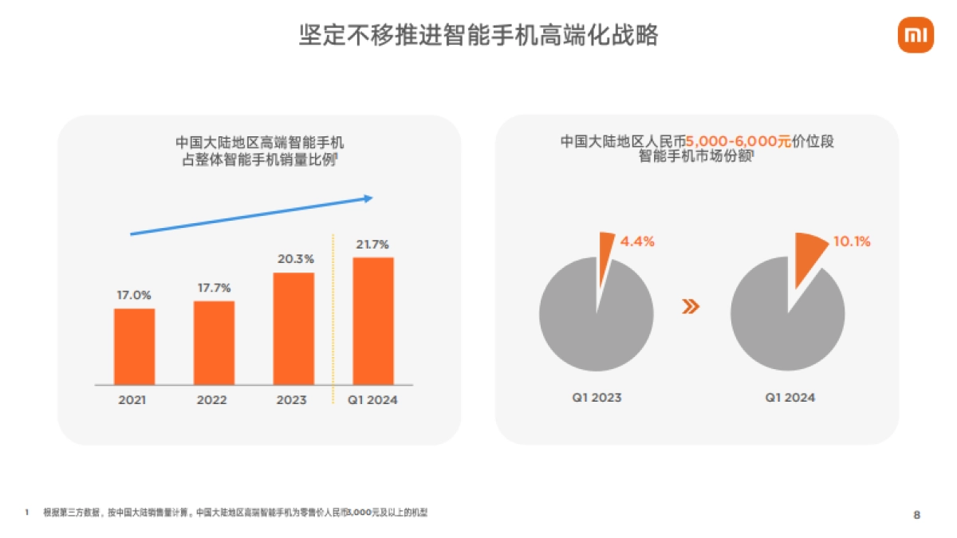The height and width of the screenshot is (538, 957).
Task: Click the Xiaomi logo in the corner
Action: click(x=916, y=35)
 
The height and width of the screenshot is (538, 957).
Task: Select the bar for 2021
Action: click(x=134, y=346)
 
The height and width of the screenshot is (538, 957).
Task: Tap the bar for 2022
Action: click(x=214, y=343)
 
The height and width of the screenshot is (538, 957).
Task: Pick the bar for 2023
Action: click(x=293, y=328)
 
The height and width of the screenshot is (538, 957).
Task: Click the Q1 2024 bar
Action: click(x=372, y=320)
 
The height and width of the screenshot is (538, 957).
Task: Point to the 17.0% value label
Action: click(x=134, y=295)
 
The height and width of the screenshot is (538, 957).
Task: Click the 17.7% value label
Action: click(x=214, y=288)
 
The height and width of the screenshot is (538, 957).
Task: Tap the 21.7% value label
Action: click(x=372, y=244)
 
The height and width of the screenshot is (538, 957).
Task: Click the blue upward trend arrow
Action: click(x=251, y=215)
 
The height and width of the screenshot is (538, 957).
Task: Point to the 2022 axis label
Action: click(x=213, y=400)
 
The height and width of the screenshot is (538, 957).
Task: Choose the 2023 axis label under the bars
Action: click(x=293, y=400)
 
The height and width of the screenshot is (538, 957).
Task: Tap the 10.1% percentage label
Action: click(x=851, y=241)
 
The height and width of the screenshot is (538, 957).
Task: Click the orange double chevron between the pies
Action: click(x=691, y=307)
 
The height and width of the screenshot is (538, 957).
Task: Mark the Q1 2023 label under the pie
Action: click(x=597, y=397)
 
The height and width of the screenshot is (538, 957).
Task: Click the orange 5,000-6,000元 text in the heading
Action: click(x=738, y=142)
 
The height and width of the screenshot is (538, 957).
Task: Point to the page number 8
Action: click(x=916, y=515)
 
